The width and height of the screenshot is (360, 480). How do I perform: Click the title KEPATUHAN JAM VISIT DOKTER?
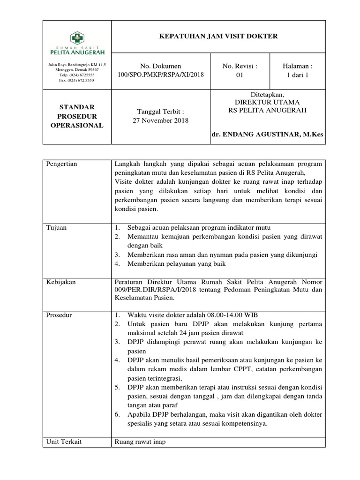(x=218, y=37)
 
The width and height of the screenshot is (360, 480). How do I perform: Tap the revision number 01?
(x=240, y=75)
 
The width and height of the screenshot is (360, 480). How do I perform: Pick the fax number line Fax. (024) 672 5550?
(x=76, y=80)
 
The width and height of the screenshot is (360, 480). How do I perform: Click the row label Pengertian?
(x=61, y=164)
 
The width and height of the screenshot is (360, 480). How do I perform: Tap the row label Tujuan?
(x=56, y=228)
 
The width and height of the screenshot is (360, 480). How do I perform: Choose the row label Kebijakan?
(x=61, y=282)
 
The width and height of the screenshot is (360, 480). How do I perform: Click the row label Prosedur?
(x=59, y=315)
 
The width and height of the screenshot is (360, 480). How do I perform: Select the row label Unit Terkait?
(x=63, y=441)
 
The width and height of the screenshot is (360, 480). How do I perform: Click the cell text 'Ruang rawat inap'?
(x=140, y=441)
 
